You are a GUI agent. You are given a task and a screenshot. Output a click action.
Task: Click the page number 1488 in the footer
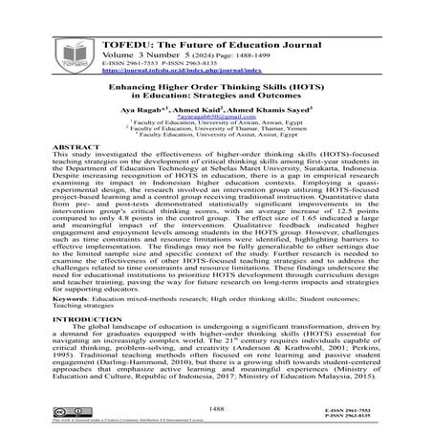(x=216, y=408)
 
